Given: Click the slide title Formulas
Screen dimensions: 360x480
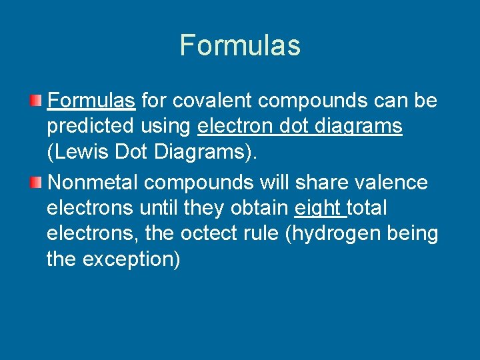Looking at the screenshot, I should [240, 45].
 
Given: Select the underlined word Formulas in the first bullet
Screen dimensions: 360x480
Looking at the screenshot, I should [92, 101].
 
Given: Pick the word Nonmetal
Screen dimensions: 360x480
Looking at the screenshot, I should [94, 182].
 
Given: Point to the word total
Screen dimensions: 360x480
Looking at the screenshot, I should [367, 209].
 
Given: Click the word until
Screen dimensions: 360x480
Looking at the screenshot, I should [161, 209].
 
